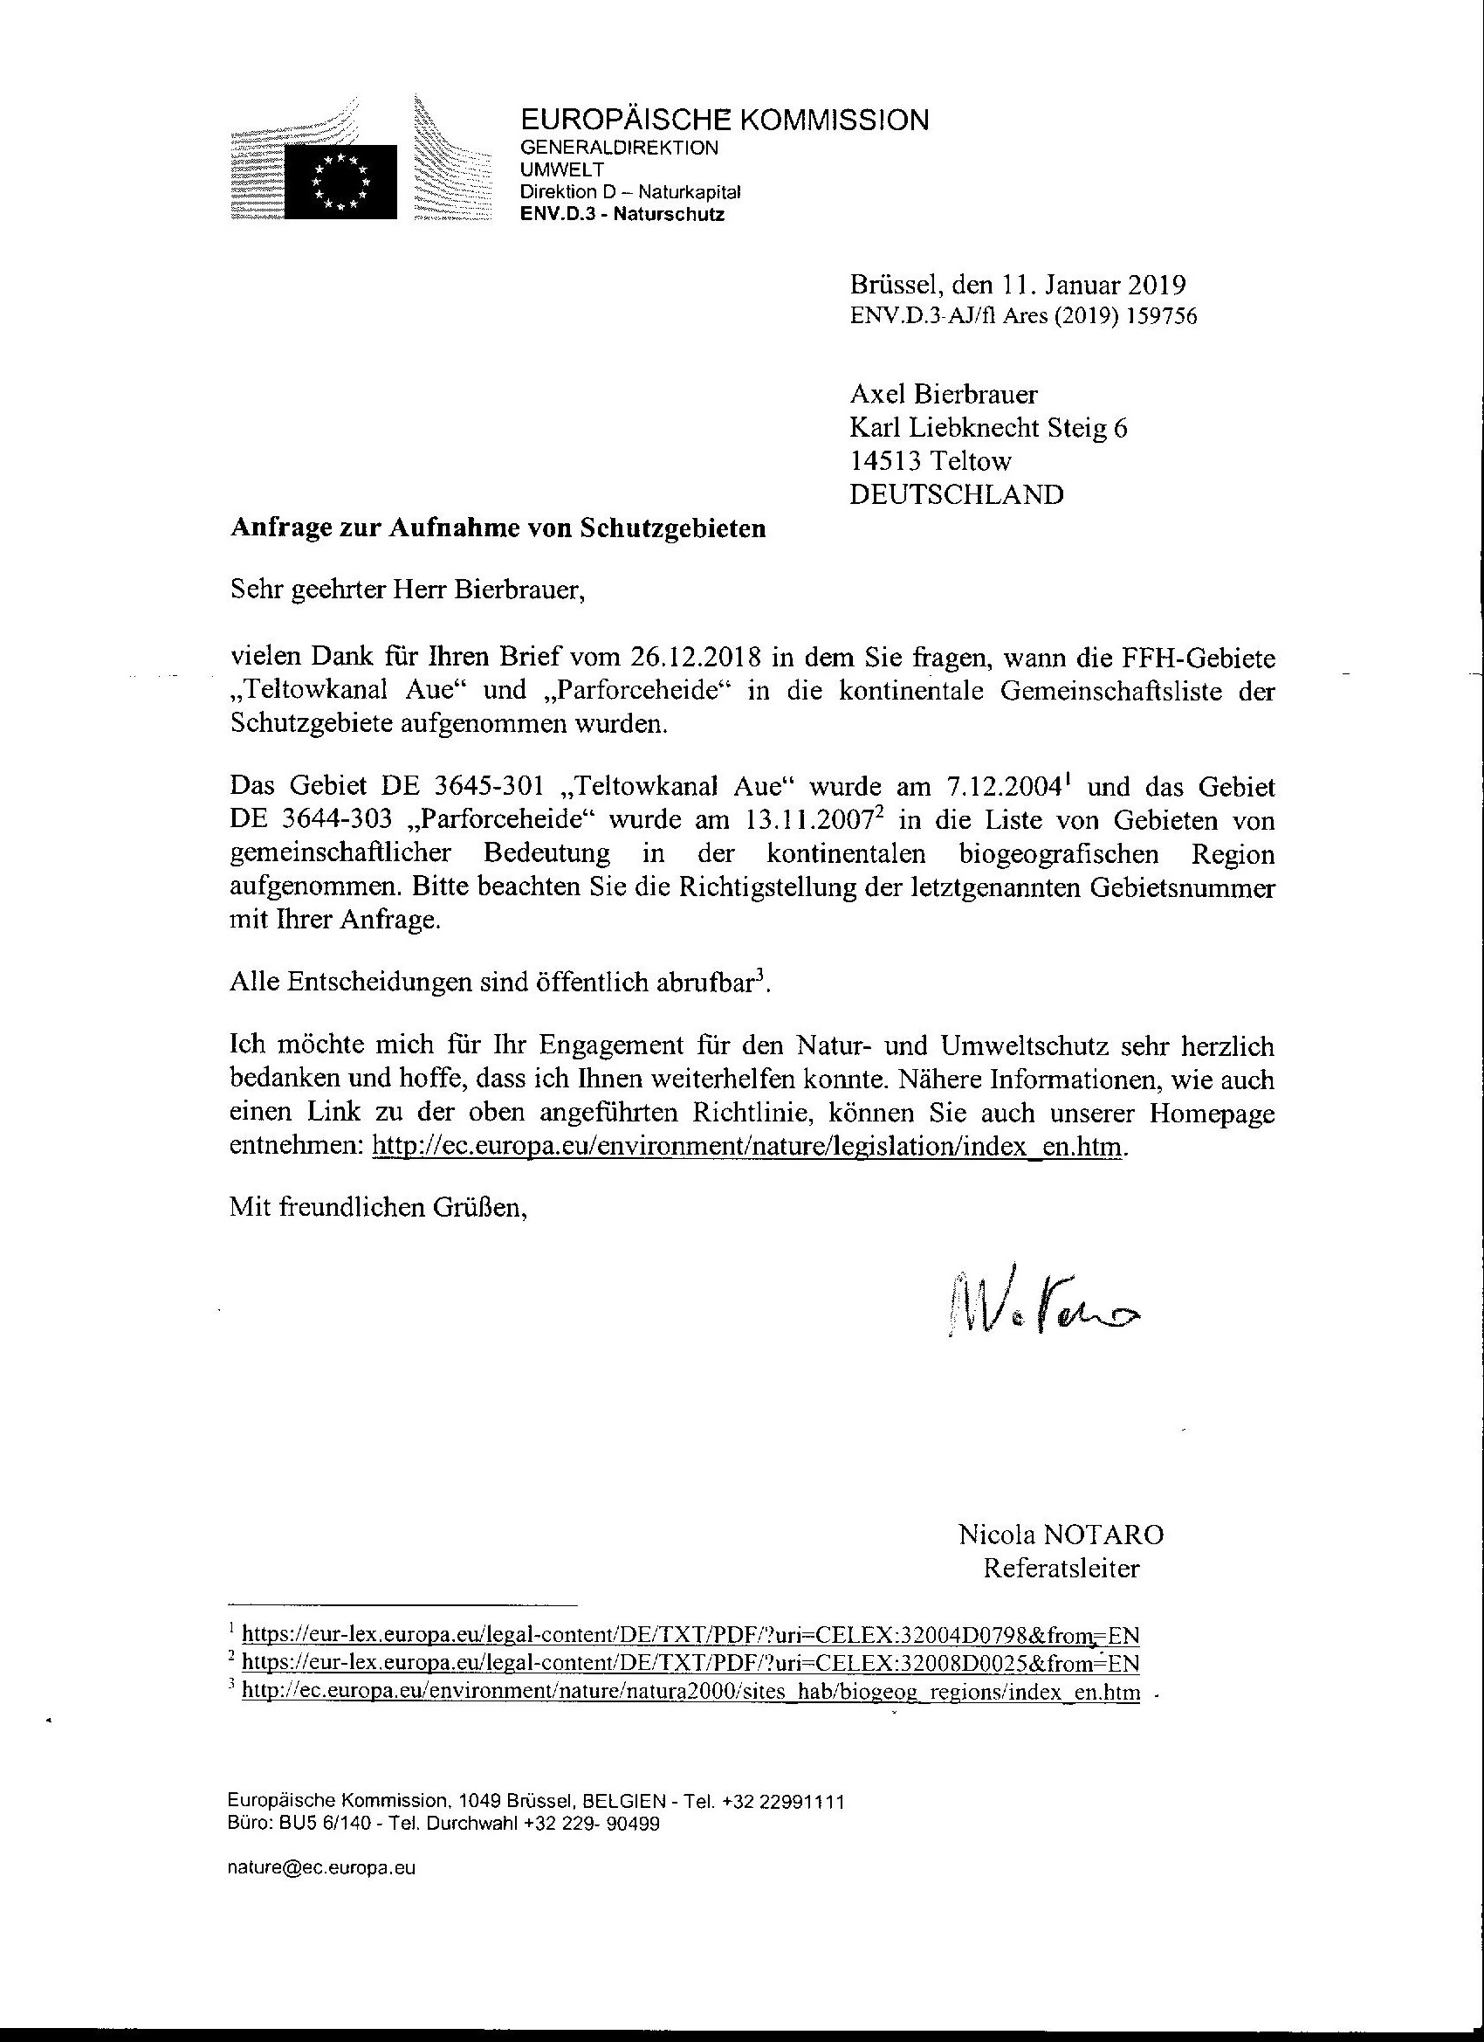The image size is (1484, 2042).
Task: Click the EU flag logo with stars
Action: click(x=340, y=181)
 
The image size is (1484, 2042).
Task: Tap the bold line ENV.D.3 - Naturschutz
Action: click(x=622, y=214)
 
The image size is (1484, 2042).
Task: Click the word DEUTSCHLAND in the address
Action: click(x=957, y=494)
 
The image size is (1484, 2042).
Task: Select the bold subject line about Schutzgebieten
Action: click(x=498, y=528)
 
